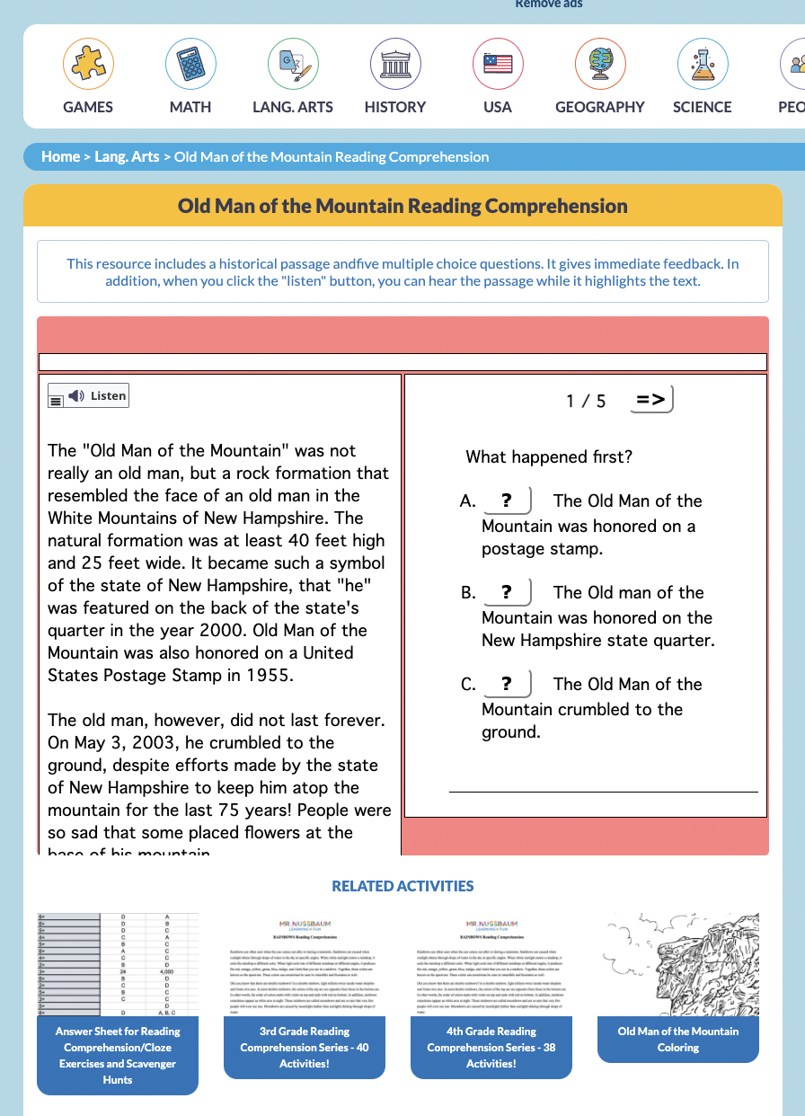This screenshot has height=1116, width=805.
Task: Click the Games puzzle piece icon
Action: point(88,64)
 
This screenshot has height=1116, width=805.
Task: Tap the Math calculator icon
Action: point(190,64)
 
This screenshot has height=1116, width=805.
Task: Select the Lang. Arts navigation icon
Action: point(293,64)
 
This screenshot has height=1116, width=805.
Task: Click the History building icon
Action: point(395,64)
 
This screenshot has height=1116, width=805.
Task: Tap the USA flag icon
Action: point(498,64)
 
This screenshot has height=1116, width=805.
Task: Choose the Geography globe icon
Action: point(600,64)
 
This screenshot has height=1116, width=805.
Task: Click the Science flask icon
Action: point(703,64)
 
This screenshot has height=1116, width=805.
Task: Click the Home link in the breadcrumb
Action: point(60,156)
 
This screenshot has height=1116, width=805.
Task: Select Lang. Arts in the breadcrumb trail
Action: point(127,156)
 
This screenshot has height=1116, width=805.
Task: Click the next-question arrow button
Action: point(651,400)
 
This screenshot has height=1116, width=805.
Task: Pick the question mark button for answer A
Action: point(507,500)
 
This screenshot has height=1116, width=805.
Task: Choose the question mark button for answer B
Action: point(507,592)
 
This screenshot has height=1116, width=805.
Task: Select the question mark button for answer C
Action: point(507,684)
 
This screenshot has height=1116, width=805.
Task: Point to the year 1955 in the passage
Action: point(270,676)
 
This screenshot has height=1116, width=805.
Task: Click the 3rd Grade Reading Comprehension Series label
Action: point(305,1048)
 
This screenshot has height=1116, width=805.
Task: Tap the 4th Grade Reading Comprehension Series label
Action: point(491,1048)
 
